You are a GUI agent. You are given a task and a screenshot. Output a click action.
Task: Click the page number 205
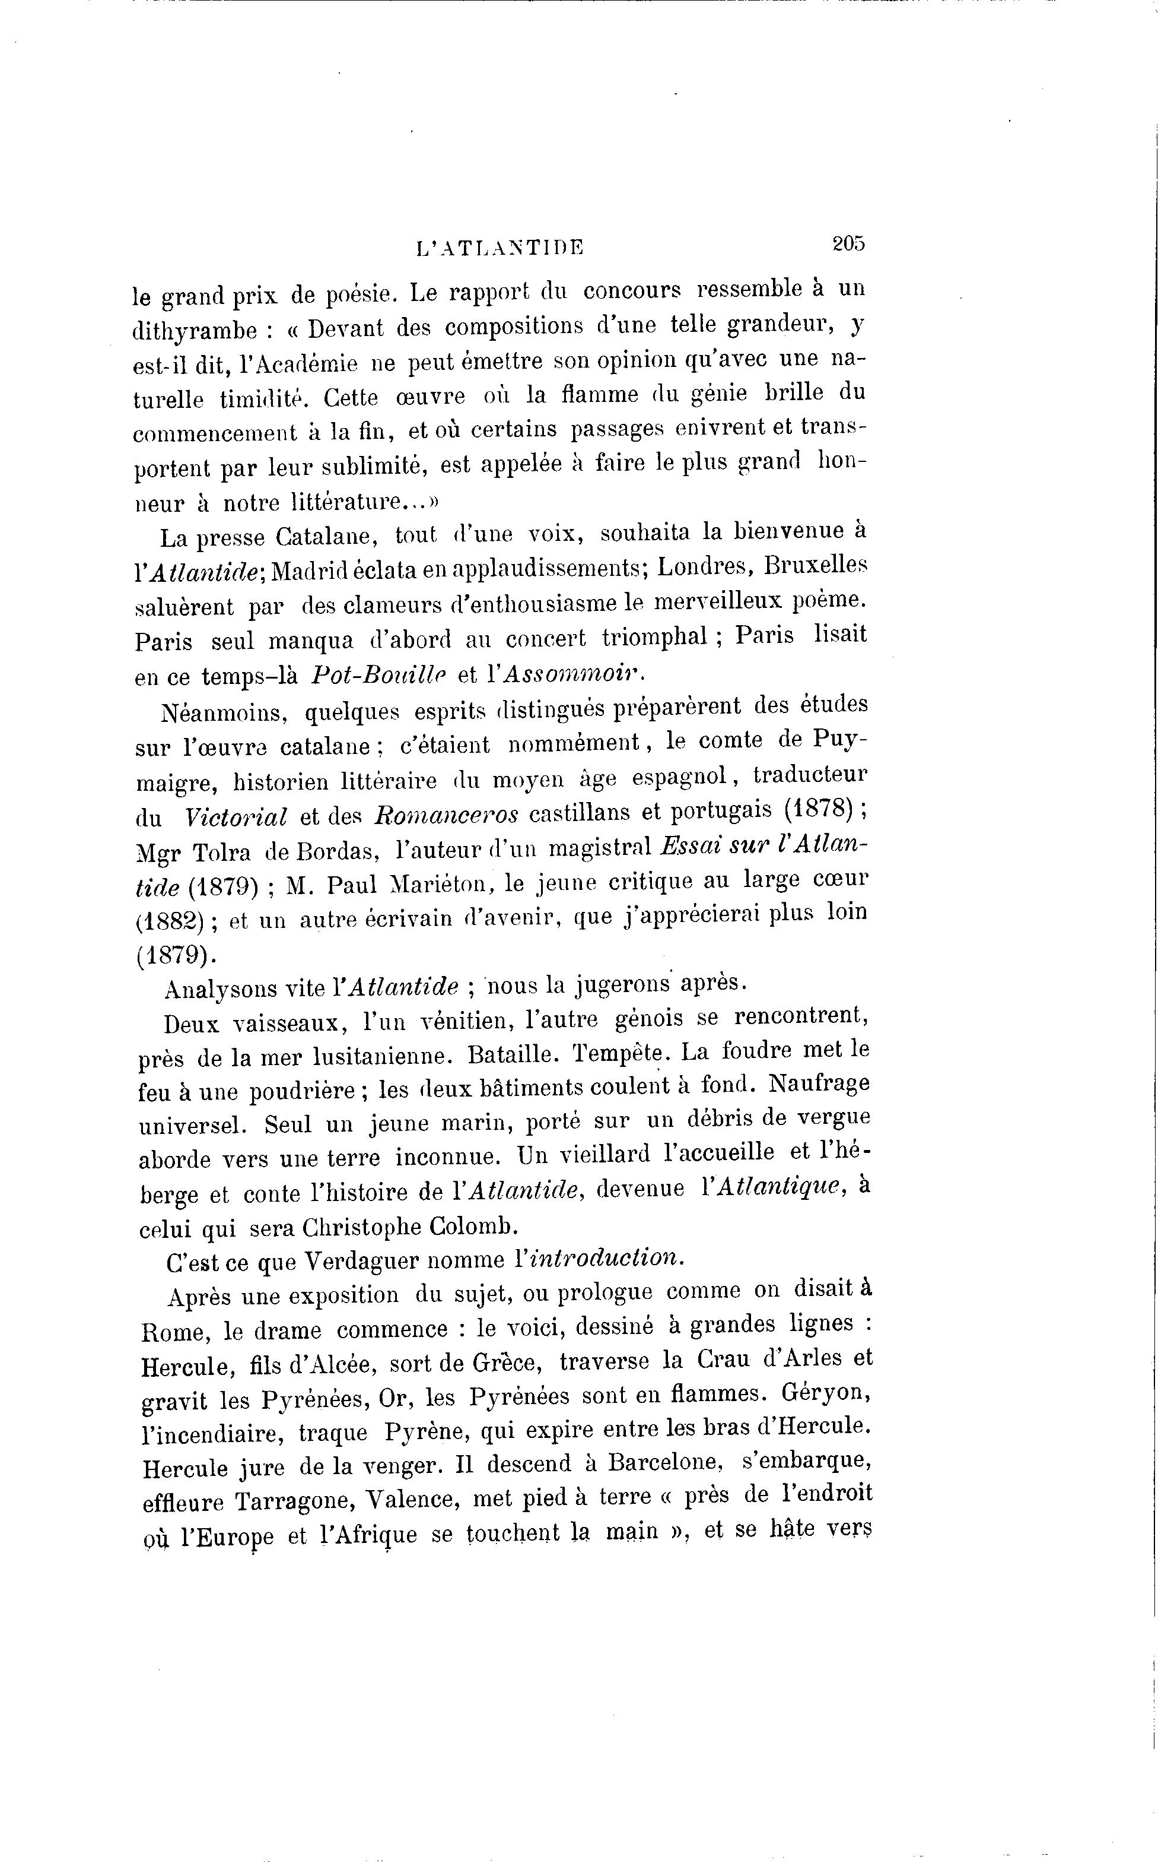tap(848, 243)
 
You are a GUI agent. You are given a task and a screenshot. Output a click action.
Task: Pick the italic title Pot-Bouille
tap(378, 674)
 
